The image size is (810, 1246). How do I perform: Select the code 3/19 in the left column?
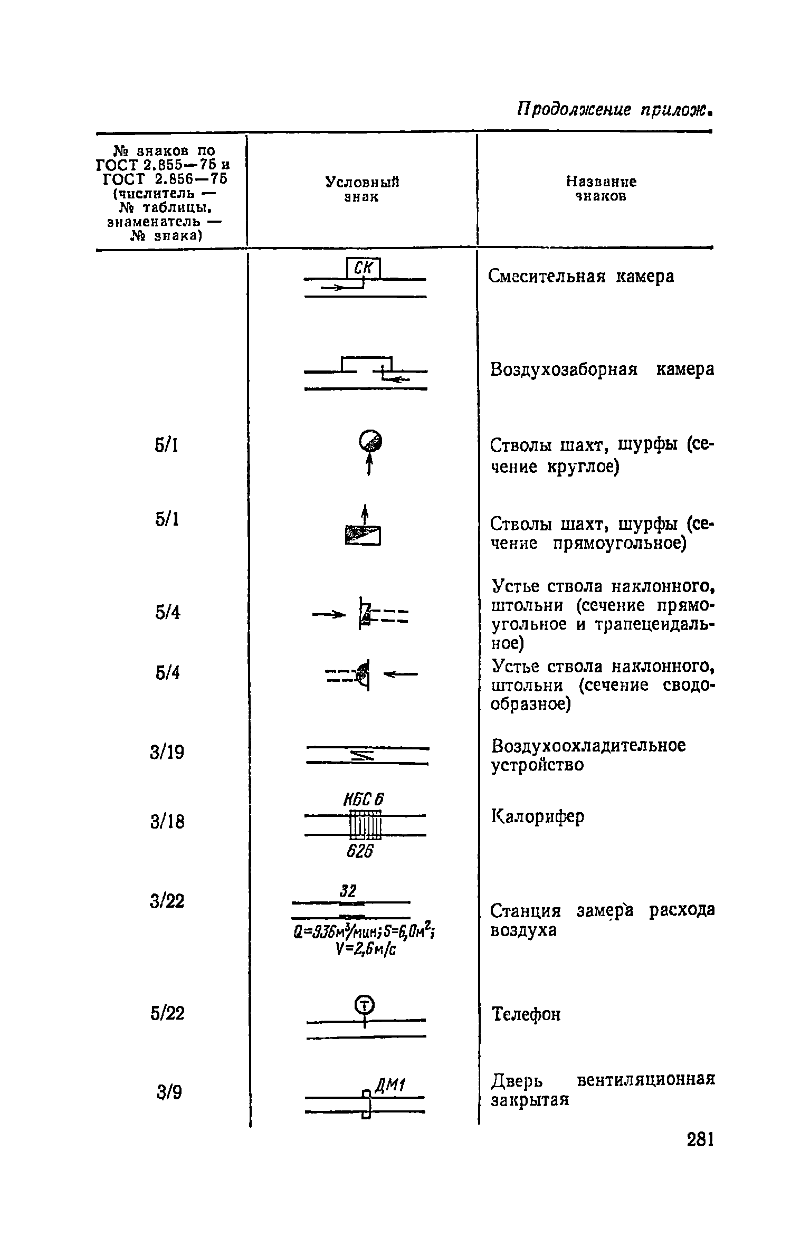tap(167, 752)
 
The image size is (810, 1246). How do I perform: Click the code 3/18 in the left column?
tap(167, 822)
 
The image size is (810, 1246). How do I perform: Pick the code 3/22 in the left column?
tap(167, 901)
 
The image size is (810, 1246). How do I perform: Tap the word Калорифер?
tap(538, 817)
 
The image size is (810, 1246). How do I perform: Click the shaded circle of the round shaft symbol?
tap(370, 439)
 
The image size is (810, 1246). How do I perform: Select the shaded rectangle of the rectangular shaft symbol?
tap(363, 535)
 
